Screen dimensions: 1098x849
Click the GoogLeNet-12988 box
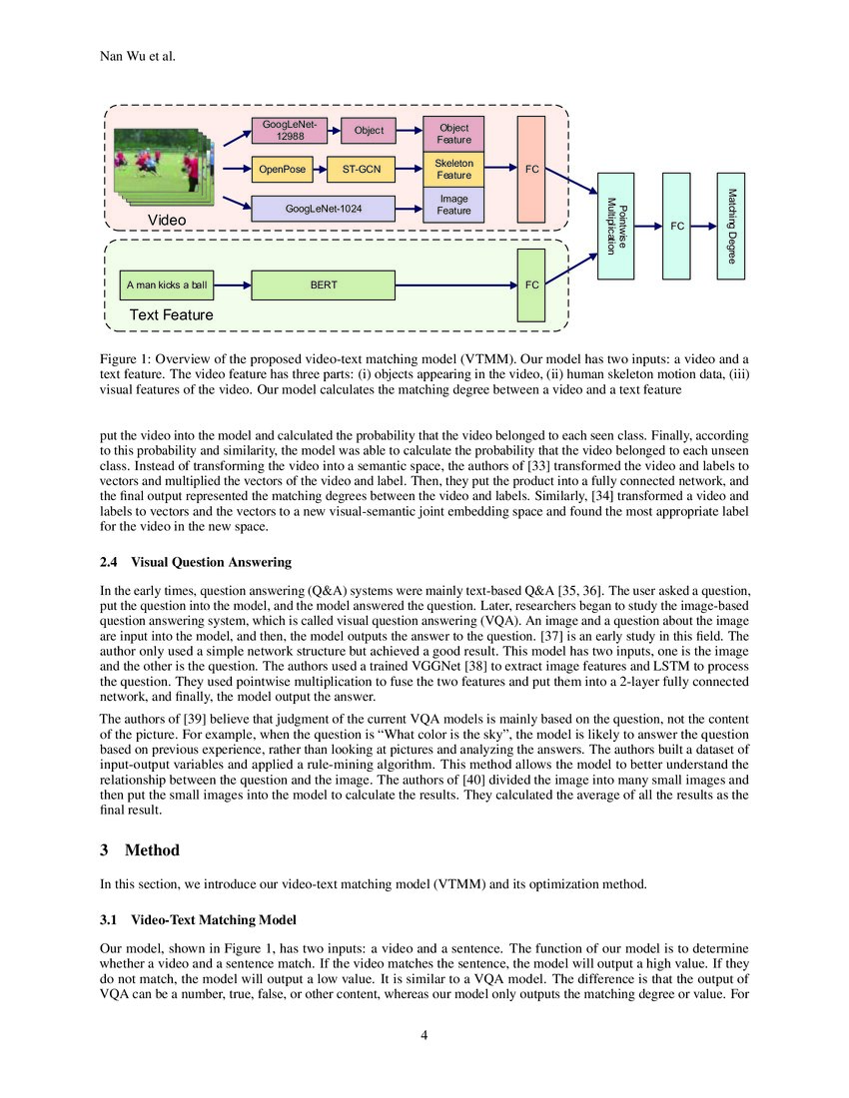tap(289, 130)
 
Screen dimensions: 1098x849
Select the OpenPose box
tap(282, 170)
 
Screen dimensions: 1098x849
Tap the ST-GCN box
tap(362, 170)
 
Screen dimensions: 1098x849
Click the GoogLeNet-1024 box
tap(323, 209)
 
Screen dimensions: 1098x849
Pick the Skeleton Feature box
tap(453, 170)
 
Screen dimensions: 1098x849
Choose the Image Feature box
tap(453, 205)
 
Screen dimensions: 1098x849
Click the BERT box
tap(324, 285)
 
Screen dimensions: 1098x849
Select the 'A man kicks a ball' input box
tap(167, 285)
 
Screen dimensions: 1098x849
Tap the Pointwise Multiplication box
tap(616, 226)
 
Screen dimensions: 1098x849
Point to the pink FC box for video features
tap(532, 170)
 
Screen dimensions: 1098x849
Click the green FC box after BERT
tap(532, 285)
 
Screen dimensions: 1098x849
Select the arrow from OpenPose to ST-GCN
tap(318, 170)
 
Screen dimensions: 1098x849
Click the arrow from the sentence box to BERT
tap(233, 285)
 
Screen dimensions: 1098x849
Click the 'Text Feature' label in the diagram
tap(171, 315)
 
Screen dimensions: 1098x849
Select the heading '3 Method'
tap(141, 850)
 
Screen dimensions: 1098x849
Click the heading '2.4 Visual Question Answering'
tap(196, 562)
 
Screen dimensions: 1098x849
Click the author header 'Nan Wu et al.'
tap(138, 55)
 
